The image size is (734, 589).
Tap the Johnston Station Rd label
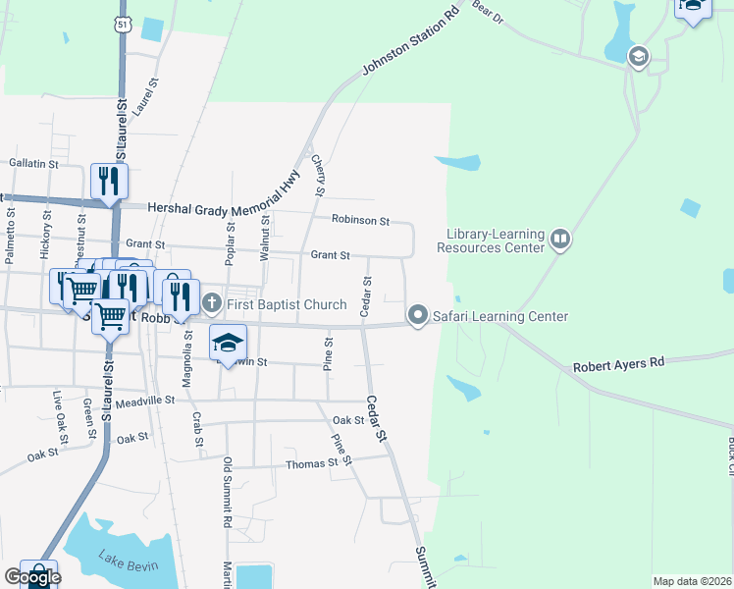pos(411,41)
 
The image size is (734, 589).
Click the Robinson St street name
pos(360,221)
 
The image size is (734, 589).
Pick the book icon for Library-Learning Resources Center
pos(559,240)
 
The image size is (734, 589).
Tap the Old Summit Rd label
pos(227,493)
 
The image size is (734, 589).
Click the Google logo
pos(31,577)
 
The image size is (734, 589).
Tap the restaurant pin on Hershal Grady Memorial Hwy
pos(107,181)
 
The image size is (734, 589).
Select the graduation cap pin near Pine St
pos(228,343)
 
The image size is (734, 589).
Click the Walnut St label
pos(265,237)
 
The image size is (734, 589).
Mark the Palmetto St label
pos(9,235)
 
